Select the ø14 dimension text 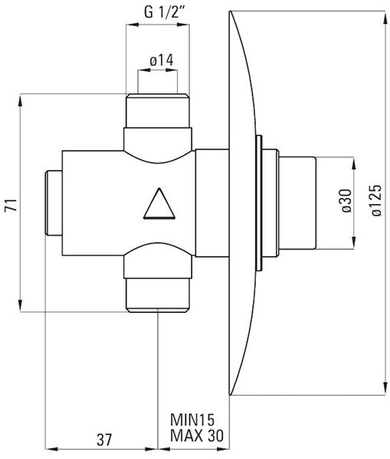click(161, 60)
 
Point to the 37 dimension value click(104, 440)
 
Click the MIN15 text click(192, 420)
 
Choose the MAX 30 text click(197, 435)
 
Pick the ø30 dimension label click(346, 200)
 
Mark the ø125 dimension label click(377, 200)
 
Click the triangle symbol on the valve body click(159, 203)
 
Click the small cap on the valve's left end click(54, 203)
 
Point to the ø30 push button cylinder click(297, 203)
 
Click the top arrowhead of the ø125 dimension click(385, 18)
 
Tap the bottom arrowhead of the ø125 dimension click(385, 389)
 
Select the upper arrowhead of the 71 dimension click(20, 101)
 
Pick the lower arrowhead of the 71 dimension click(20, 305)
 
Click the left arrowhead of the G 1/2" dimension click(133, 25)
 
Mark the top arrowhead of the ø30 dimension click(354, 164)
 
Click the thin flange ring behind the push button click(259, 203)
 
